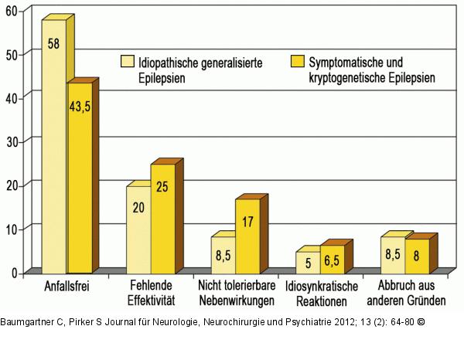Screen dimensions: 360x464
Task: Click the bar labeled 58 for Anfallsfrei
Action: coord(53,147)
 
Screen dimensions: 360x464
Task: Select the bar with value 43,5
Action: coord(79,178)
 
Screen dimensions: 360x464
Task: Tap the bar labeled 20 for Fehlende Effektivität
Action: coord(138,229)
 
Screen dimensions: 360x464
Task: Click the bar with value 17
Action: coord(247,236)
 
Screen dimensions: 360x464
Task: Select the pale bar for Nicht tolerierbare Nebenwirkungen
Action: coord(223,254)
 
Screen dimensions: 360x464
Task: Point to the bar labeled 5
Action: coord(307,262)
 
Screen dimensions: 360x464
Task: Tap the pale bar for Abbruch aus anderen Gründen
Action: coord(392,254)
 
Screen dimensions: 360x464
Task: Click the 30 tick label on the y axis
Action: coord(14,141)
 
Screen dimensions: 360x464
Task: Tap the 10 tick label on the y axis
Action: coord(14,229)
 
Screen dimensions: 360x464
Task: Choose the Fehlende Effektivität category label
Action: coord(150,292)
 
